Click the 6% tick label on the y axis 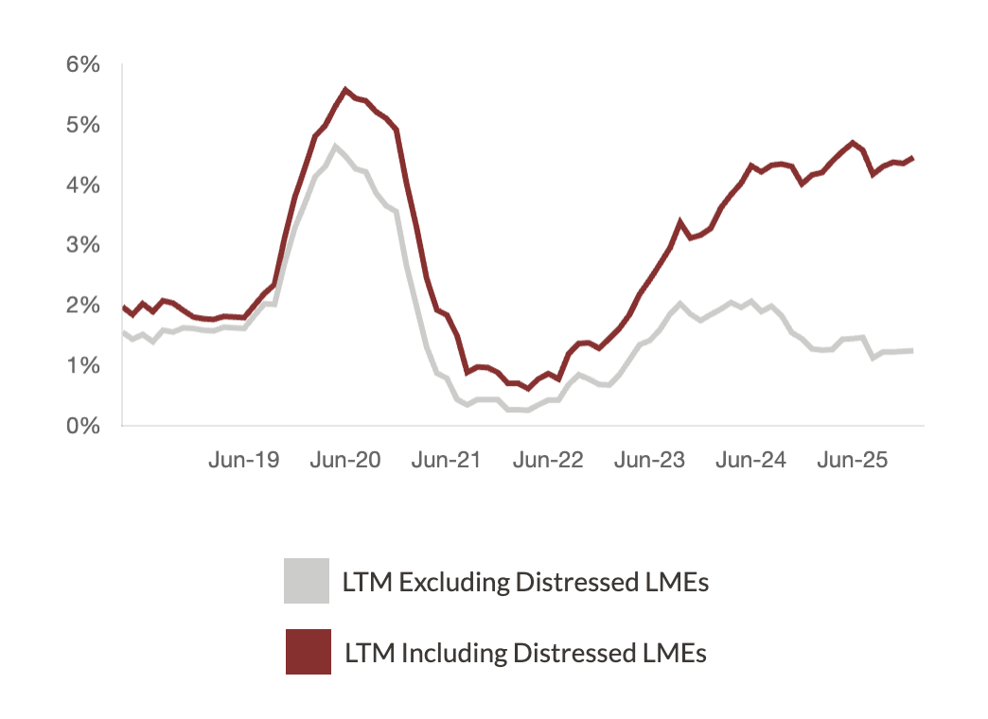point(82,65)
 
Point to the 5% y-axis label point(82,125)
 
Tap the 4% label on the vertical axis point(82,185)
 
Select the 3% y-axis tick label point(82,245)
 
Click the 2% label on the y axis point(82,306)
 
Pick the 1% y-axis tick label point(82,365)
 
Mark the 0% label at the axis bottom point(82,426)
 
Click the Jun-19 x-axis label point(244,461)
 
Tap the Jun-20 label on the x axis point(345,461)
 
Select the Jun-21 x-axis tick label point(448,461)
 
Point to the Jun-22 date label point(549,461)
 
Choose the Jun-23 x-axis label point(650,461)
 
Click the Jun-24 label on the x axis point(751,461)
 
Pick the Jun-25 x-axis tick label point(853,461)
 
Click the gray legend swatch point(307,581)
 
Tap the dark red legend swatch point(308,652)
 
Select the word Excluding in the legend point(453,583)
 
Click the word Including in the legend point(451,653)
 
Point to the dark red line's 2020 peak point(345,91)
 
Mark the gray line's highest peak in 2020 point(335,146)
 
